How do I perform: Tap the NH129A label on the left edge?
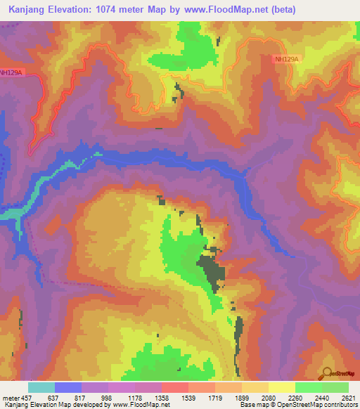tap(11, 72)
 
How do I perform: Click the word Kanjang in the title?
tap(22, 10)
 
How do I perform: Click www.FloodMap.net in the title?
tap(226, 10)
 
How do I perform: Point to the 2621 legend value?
tap(349, 397)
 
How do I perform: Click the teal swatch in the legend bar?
tap(41, 387)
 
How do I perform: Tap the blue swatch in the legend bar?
tap(68, 387)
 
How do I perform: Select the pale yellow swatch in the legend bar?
tap(281, 387)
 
